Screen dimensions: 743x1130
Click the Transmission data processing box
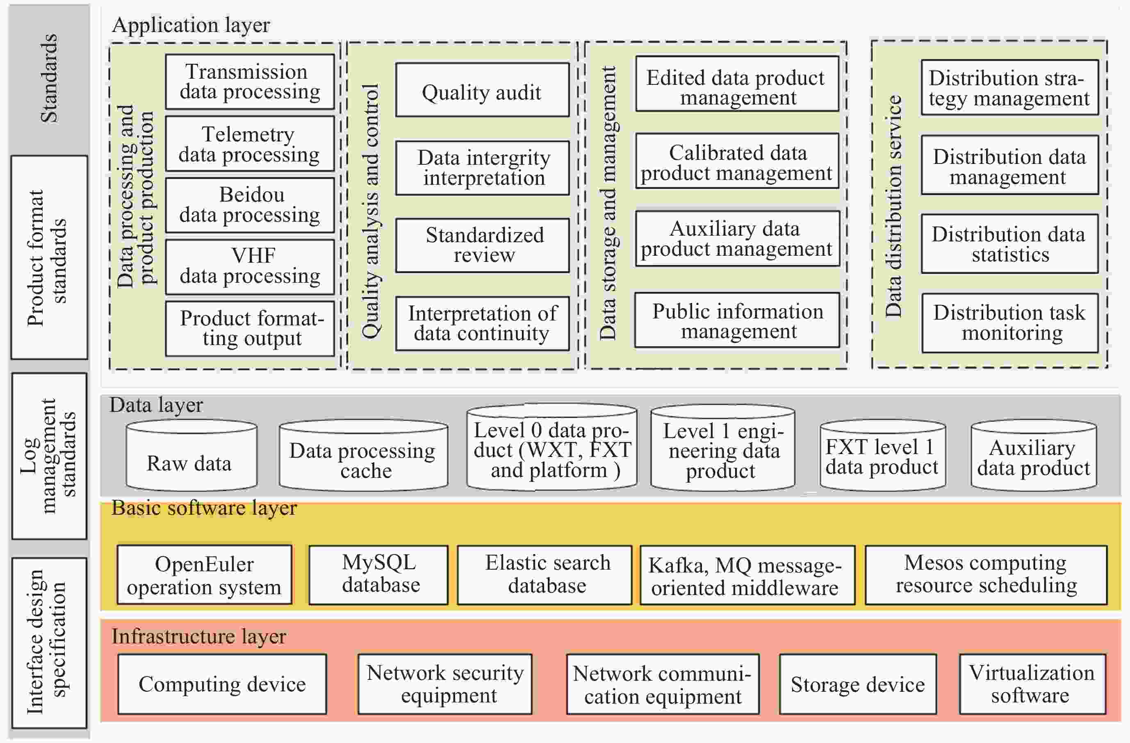click(x=250, y=82)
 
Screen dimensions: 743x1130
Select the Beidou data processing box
click(x=250, y=205)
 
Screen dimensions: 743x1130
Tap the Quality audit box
click(x=482, y=90)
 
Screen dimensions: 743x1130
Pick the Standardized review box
click(x=482, y=245)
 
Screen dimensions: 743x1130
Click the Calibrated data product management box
click(x=737, y=161)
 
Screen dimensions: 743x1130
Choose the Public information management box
click(x=737, y=320)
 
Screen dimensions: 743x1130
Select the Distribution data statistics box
click(x=1009, y=244)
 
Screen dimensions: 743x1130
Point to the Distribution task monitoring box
click(x=1009, y=323)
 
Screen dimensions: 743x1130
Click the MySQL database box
click(x=378, y=574)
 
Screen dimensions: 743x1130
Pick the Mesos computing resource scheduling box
click(x=986, y=574)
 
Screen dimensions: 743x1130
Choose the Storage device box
click(x=857, y=684)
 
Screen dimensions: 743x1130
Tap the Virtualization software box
click(x=1032, y=684)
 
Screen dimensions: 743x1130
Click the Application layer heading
click(x=191, y=25)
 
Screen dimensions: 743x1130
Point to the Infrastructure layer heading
click(x=198, y=636)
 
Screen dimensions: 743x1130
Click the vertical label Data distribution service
click(x=893, y=207)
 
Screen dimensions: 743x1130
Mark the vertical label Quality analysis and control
click(x=371, y=211)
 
